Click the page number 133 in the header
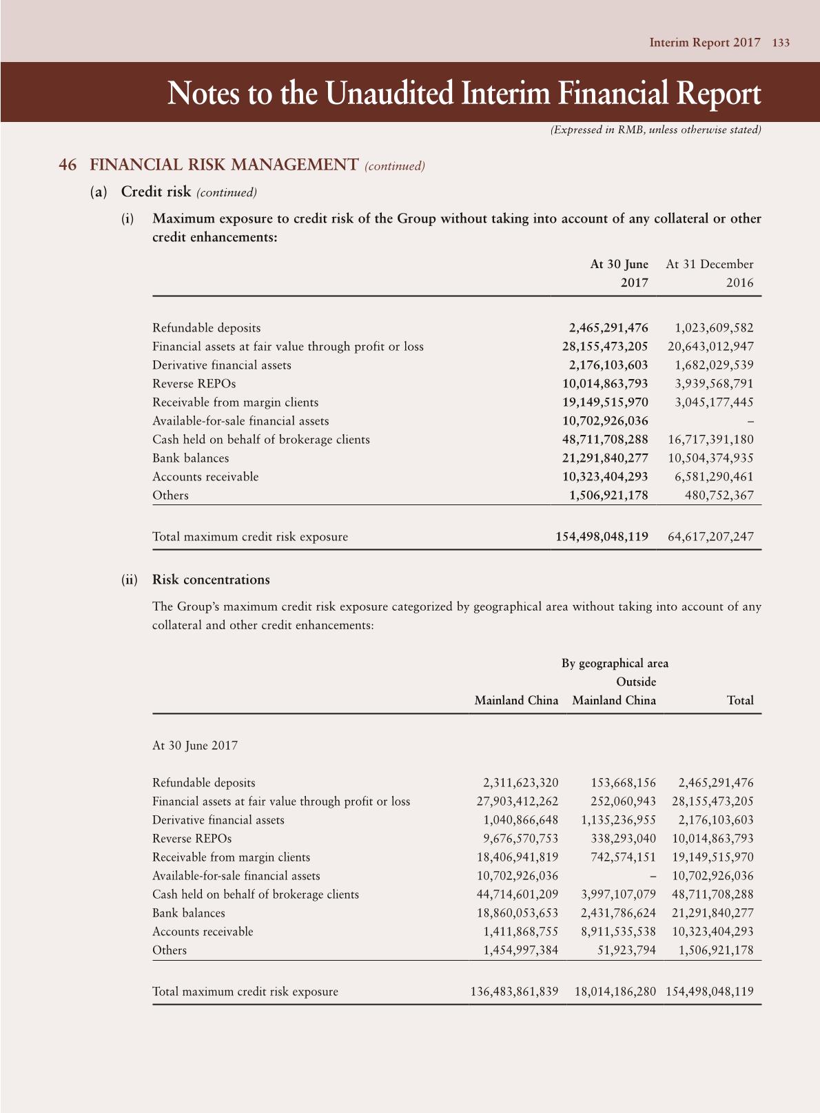pyautogui.click(x=781, y=43)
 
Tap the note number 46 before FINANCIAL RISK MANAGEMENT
pyautogui.click(x=68, y=165)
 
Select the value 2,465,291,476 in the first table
pyautogui.click(x=608, y=328)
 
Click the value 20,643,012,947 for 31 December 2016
pyautogui.click(x=710, y=347)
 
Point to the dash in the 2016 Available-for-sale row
pyautogui.click(x=750, y=421)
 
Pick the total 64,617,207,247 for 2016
pyautogui.click(x=710, y=537)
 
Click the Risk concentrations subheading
pyautogui.click(x=211, y=580)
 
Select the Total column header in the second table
pyautogui.click(x=740, y=700)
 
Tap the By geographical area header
pyautogui.click(x=615, y=663)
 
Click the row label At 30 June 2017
pyautogui.click(x=195, y=746)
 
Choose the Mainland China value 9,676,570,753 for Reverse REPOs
pyautogui.click(x=520, y=839)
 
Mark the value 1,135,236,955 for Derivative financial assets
pyautogui.click(x=618, y=820)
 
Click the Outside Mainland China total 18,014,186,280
pyautogui.click(x=615, y=992)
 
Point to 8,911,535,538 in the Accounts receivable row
pyautogui.click(x=618, y=932)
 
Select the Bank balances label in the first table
pyautogui.click(x=190, y=458)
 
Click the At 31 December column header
pyautogui.click(x=710, y=265)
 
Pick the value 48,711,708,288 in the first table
pyautogui.click(x=605, y=440)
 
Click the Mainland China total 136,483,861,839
pyautogui.click(x=514, y=992)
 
